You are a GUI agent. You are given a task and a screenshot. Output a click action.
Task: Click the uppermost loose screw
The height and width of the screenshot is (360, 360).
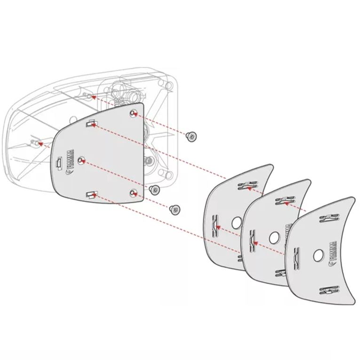(191, 136)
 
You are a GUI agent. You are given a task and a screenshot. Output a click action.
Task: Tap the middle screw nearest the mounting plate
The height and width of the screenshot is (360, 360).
(153, 189)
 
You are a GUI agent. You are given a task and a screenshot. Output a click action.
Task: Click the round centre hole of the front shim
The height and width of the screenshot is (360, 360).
(318, 255)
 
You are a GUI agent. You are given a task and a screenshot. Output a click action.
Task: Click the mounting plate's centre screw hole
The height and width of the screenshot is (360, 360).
(82, 160)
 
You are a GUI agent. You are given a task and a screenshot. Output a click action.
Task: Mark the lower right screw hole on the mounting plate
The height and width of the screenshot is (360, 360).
(134, 192)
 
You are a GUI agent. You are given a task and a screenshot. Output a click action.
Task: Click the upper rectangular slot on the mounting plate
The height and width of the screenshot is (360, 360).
(91, 124)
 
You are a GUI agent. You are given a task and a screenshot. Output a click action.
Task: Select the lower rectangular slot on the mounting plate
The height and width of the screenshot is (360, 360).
(91, 194)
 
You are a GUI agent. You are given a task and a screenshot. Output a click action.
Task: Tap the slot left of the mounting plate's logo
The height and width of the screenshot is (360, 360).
(59, 163)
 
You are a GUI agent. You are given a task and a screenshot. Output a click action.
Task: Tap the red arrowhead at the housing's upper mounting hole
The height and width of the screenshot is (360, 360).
(93, 97)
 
